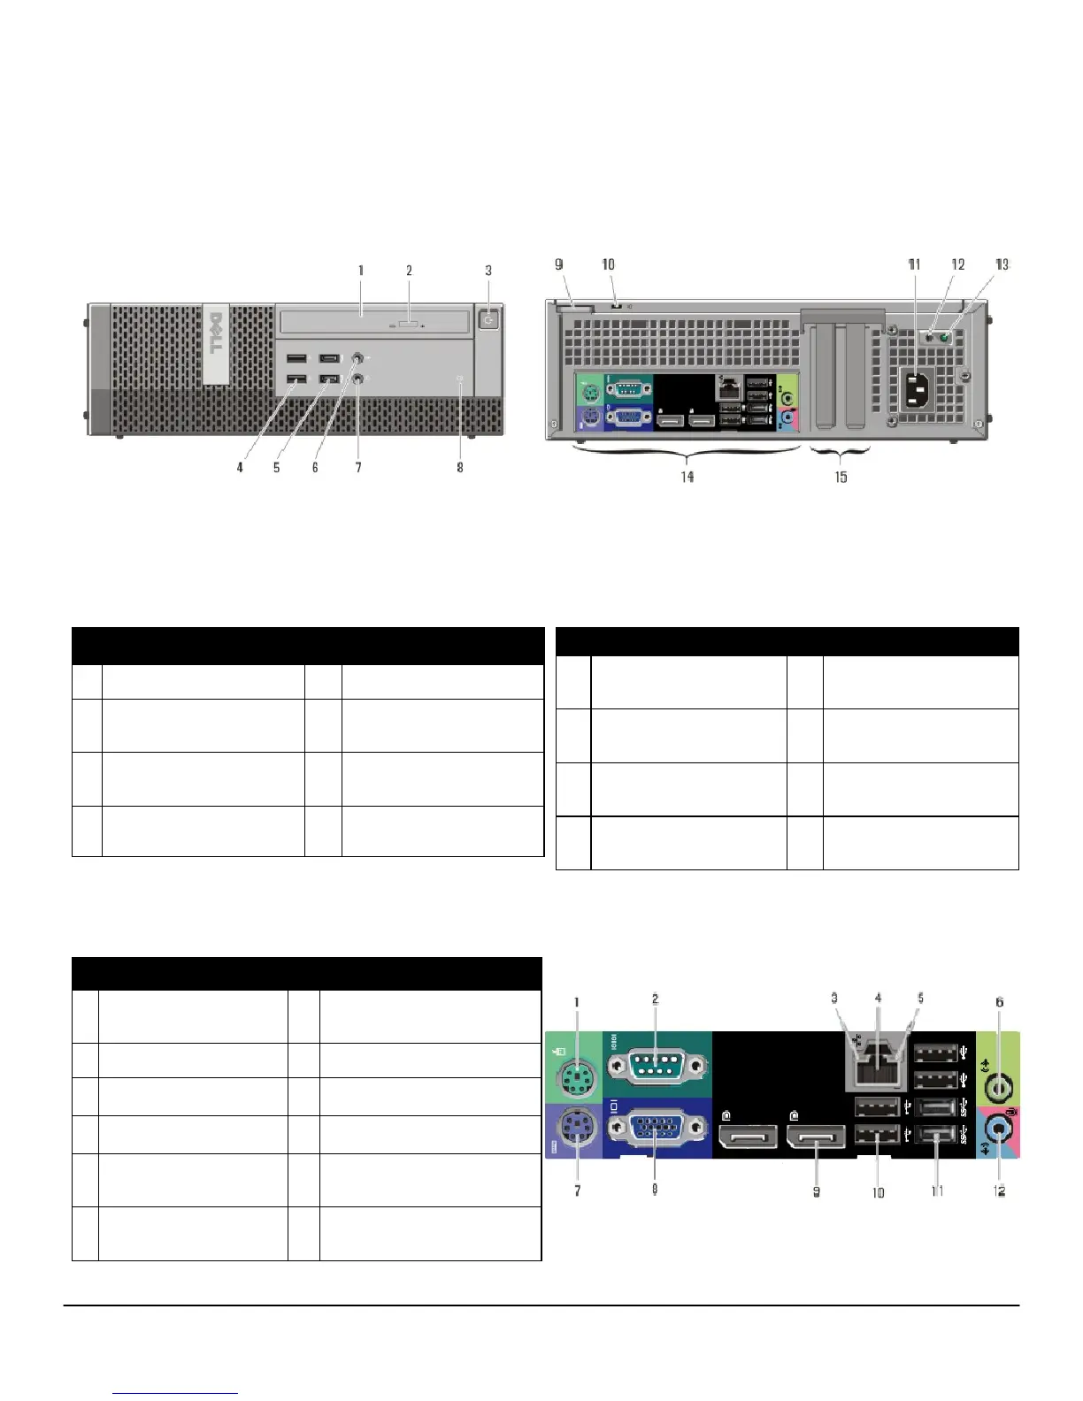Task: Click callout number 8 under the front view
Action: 460,467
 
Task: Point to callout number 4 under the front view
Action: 240,467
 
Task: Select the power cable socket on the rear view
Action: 915,388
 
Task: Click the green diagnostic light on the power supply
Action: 945,337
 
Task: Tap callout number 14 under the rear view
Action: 687,477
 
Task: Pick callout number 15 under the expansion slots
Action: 841,477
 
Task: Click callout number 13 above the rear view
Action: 1002,264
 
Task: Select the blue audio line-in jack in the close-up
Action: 1000,1129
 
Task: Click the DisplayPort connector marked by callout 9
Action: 816,1135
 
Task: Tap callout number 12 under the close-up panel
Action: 1000,1191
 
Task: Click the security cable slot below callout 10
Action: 614,305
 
